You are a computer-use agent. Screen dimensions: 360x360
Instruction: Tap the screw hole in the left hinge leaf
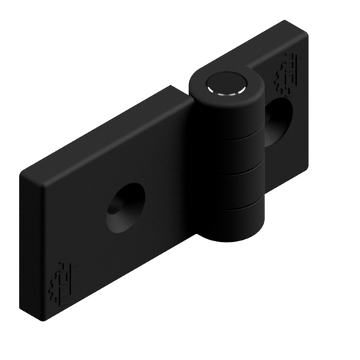click(x=124, y=209)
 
